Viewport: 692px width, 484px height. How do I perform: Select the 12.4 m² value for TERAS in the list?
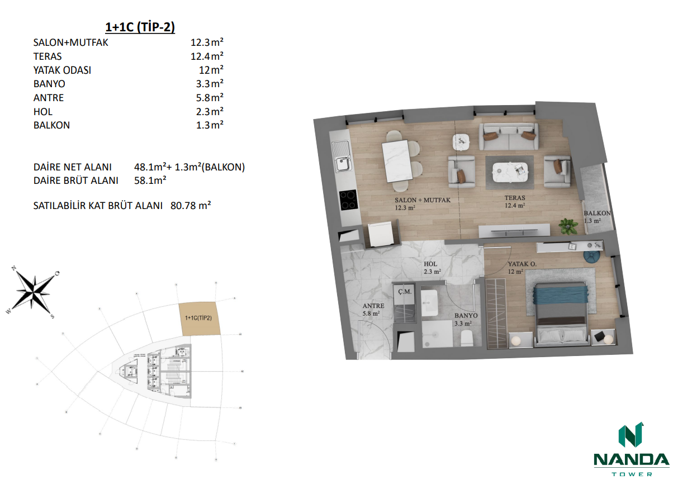coord(207,56)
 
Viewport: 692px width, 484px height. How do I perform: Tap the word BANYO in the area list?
coord(49,84)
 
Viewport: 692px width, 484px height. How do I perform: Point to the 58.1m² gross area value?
coord(151,181)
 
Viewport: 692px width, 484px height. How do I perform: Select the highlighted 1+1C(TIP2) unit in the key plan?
coord(199,319)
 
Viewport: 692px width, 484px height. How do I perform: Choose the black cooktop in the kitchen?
coord(349,200)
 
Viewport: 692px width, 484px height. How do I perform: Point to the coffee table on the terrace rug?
coord(509,168)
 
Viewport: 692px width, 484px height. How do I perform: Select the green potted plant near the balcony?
coord(569,226)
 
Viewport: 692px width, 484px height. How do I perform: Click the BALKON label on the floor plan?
coord(597,213)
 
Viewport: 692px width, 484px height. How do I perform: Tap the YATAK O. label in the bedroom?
coord(522,264)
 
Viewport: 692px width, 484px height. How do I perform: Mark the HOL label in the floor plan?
coord(430,264)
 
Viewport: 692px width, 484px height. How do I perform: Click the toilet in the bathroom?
coord(466,337)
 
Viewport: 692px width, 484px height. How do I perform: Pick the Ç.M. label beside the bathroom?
coord(404,292)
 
